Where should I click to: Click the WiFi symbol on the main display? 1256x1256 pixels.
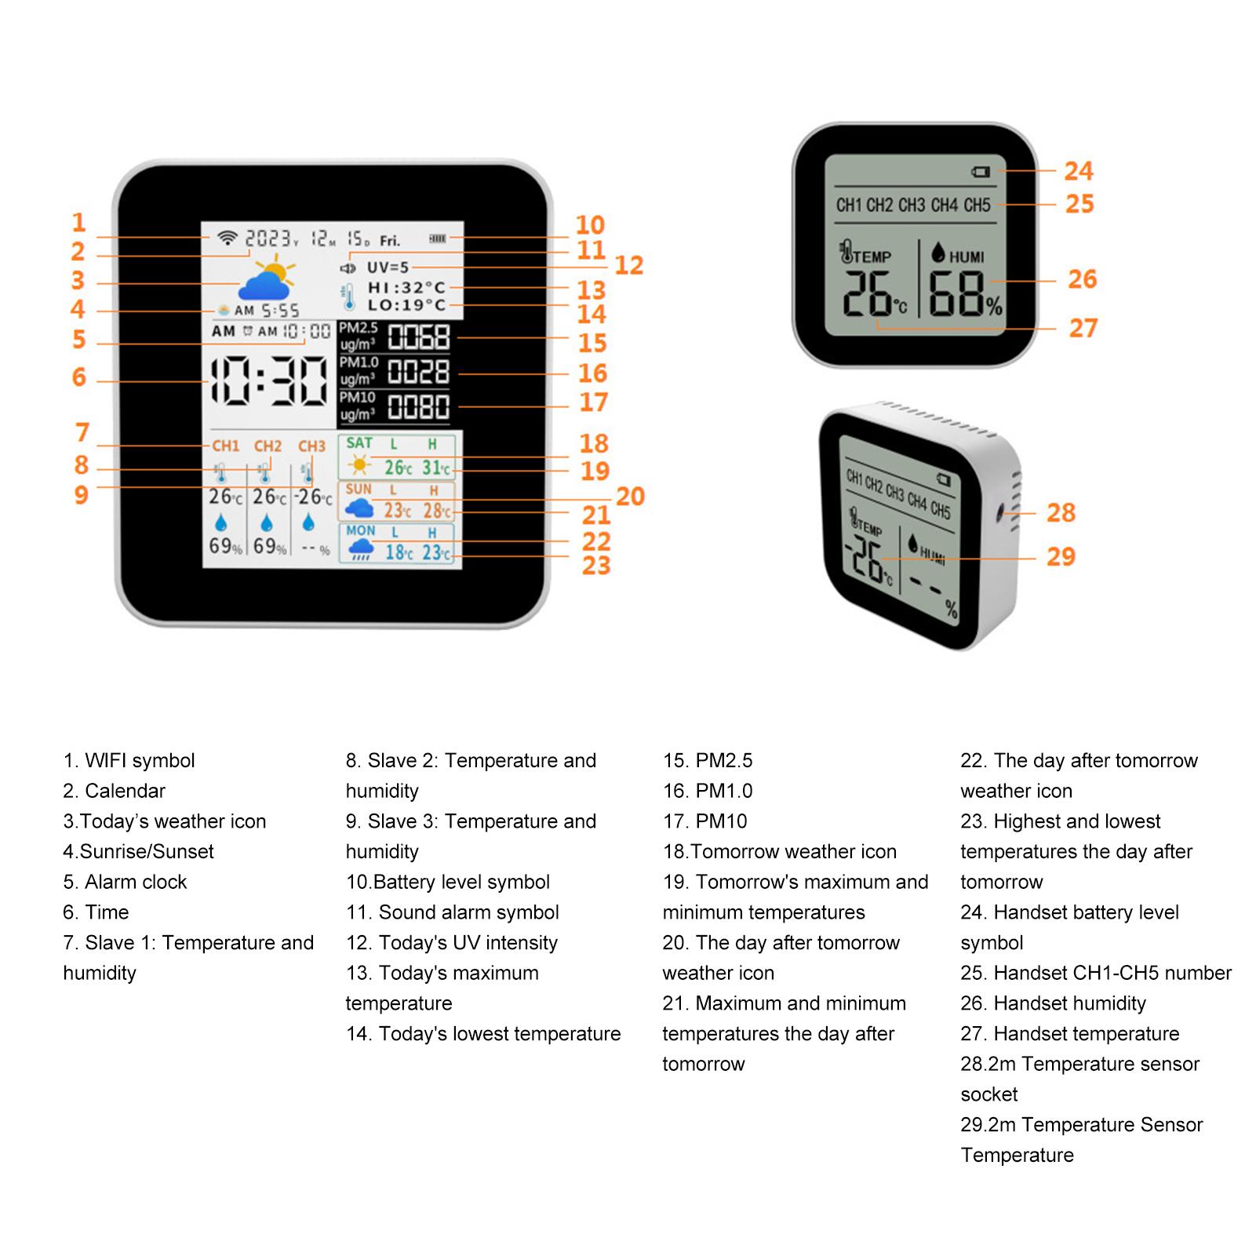pos(227,238)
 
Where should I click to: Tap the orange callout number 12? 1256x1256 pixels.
pos(628,265)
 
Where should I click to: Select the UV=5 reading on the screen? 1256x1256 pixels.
pos(388,268)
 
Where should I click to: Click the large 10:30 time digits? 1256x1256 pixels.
pos(269,381)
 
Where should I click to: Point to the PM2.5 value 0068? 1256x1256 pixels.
pos(419,337)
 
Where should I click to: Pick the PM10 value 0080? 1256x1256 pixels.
pos(419,407)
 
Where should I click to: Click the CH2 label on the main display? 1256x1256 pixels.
pos(268,446)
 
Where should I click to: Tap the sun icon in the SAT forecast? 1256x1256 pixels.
pos(360,466)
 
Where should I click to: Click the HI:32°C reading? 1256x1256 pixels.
pos(406,287)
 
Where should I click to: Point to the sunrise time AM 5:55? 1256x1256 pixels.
pos(267,311)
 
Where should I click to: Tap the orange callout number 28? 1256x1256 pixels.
pos(1061,513)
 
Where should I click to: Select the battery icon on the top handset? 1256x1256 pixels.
pos(981,172)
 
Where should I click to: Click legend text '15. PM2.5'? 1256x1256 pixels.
pos(707,760)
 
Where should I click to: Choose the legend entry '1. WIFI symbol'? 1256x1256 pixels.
pos(129,760)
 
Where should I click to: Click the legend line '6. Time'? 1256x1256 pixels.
pos(96,912)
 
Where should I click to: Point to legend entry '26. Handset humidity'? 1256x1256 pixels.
pos(1053,1003)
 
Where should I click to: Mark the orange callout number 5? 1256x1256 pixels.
pos(79,340)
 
